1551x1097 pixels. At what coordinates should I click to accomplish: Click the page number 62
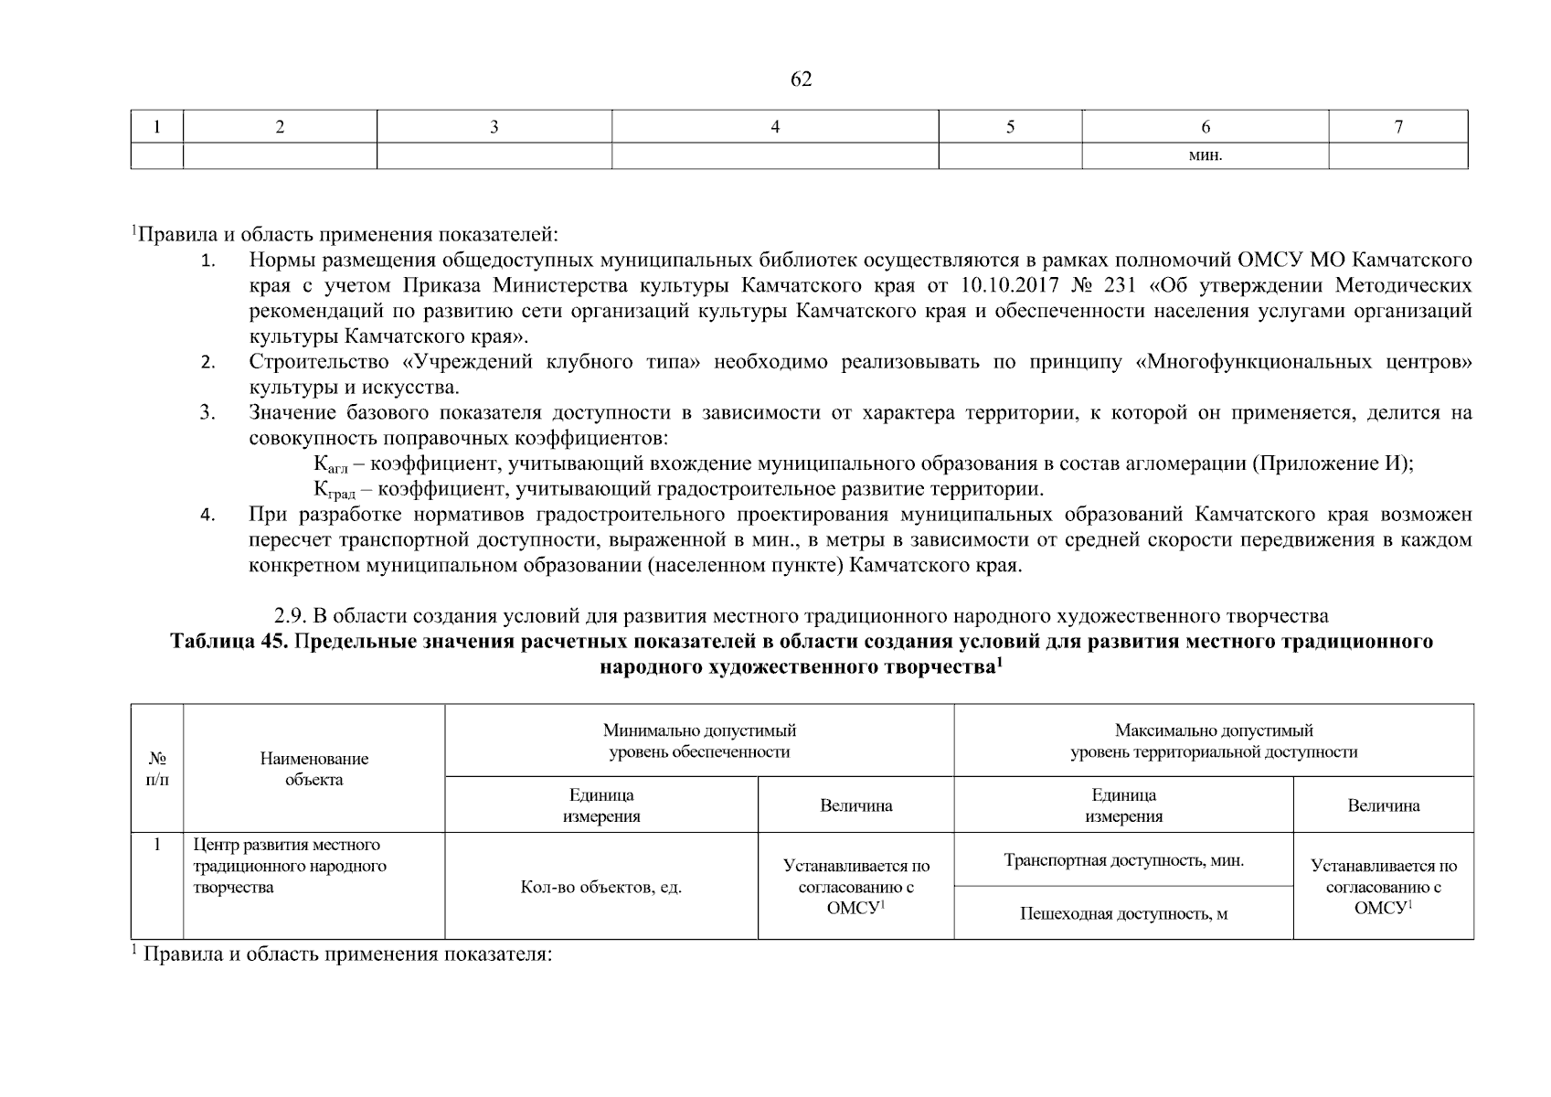click(x=801, y=80)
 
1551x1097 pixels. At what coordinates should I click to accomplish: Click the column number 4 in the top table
click(x=775, y=128)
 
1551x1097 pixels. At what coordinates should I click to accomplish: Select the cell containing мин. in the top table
click(x=1206, y=155)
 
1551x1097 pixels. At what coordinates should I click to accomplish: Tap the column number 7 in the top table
click(x=1397, y=128)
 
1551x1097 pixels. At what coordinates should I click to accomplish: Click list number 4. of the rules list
click(x=207, y=515)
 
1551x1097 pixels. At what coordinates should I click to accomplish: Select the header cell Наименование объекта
click(x=313, y=769)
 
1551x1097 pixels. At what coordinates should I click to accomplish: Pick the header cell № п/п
click(x=157, y=769)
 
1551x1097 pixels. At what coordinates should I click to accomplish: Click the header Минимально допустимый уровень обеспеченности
click(x=699, y=741)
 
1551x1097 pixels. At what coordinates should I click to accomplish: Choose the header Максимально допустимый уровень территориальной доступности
click(x=1213, y=741)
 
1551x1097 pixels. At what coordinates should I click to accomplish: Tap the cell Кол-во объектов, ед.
click(x=600, y=887)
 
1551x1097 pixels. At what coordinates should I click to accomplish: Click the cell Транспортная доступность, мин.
click(x=1123, y=860)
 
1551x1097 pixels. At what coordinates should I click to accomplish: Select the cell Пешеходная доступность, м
click(x=1123, y=913)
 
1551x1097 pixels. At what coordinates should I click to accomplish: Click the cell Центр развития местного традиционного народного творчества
click(x=290, y=866)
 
